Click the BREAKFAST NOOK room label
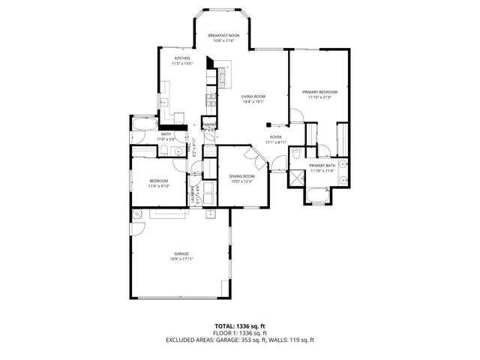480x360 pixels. [223, 35]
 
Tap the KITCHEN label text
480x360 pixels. [182, 58]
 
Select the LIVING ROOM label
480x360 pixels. [253, 96]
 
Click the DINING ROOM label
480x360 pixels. [242, 175]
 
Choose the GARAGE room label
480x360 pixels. [181, 253]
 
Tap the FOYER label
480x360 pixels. [276, 136]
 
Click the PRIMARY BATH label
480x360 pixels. [322, 165]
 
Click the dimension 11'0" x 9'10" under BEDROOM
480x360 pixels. [158, 186]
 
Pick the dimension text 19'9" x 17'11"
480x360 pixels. [181, 259]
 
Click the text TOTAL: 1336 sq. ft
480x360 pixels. [240, 325]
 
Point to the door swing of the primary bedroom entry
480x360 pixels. [295, 115]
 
